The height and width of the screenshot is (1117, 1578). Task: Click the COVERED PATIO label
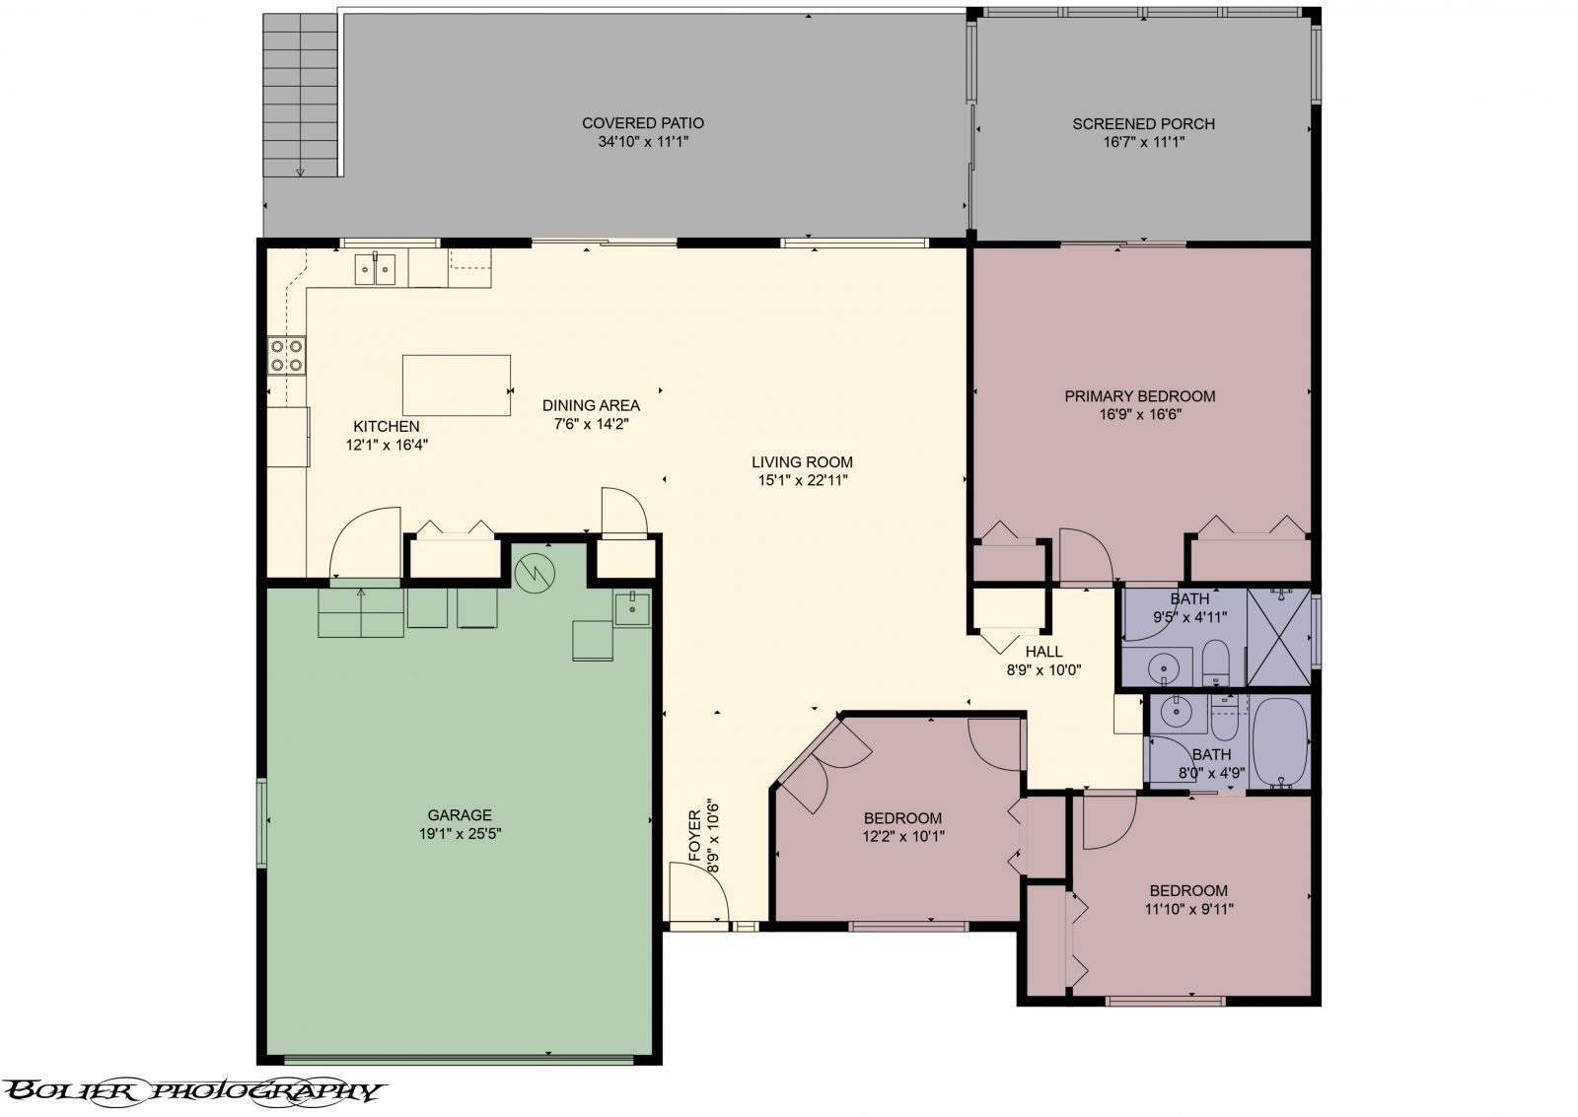coord(642,123)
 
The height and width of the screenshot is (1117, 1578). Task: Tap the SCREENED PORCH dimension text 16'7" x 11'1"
coord(1142,142)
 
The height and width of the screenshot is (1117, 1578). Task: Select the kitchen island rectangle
coord(456,385)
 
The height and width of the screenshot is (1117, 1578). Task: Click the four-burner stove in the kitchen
coord(287,355)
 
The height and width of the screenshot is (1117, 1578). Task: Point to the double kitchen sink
coord(375,268)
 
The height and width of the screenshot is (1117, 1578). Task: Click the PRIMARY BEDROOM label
coord(1139,396)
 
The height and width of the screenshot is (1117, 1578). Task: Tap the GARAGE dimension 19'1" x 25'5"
coord(460,833)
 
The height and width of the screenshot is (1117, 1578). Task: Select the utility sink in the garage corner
coord(631,609)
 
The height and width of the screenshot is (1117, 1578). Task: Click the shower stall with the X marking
coord(1278,637)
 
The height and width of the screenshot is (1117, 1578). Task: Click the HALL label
coord(1043,652)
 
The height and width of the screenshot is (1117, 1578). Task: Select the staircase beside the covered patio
coord(301,96)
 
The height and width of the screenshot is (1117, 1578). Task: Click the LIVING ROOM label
coord(802,462)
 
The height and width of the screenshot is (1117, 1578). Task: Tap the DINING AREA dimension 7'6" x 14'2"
coord(591,424)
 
